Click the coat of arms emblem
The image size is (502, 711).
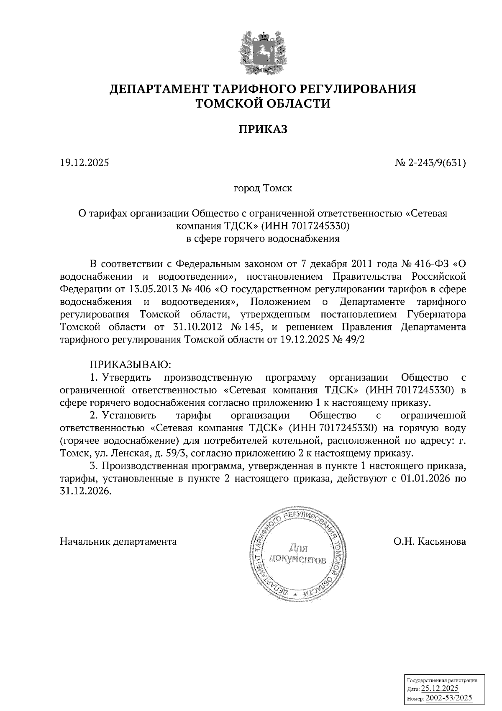coord(263,52)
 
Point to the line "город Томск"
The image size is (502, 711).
coord(263,188)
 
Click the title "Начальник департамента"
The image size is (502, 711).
coord(118,541)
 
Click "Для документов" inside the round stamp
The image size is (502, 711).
coord(297,554)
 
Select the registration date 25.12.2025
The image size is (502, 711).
coord(440,688)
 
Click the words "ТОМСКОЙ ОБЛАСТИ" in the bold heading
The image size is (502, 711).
coord(263,103)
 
